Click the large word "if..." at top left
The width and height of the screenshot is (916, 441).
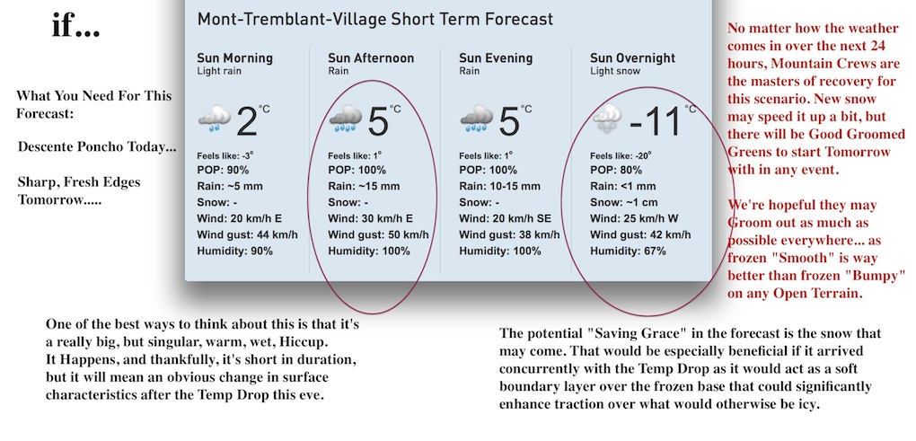click(x=75, y=26)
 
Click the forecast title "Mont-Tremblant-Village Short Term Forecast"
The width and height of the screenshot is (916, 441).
click(x=374, y=19)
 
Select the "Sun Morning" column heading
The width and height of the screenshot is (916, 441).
click(x=234, y=58)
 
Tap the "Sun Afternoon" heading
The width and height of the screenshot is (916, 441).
click(x=371, y=58)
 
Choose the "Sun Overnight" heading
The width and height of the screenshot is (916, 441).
click(x=632, y=58)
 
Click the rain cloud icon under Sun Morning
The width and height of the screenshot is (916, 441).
click(x=215, y=119)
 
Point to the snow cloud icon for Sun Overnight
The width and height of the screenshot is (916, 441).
click(x=608, y=119)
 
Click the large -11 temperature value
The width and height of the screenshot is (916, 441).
click(x=656, y=122)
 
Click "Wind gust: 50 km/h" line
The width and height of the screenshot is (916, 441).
click(x=378, y=234)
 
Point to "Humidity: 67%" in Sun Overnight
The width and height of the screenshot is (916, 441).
click(x=628, y=251)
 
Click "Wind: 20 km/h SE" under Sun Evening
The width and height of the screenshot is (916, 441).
click(x=506, y=218)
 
